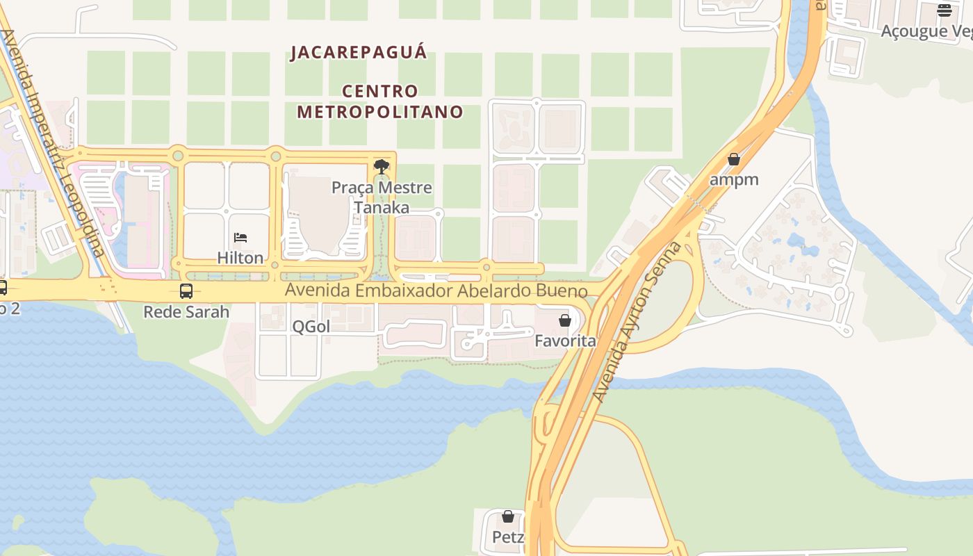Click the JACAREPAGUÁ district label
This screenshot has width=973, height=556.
[359, 53]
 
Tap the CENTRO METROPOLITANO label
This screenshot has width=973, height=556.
[380, 101]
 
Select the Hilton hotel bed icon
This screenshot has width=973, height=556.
[240, 238]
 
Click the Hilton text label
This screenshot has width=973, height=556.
[240, 258]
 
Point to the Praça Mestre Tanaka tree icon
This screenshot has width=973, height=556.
[381, 167]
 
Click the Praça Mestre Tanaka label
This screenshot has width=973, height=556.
[382, 197]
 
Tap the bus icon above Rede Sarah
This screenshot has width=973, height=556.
[186, 291]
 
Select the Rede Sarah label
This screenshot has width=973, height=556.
[186, 312]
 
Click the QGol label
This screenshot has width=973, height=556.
[311, 327]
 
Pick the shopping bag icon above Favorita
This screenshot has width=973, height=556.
[565, 320]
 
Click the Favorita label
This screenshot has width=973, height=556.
[565, 341]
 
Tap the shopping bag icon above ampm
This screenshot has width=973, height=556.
[734, 159]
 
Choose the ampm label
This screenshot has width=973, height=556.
[734, 179]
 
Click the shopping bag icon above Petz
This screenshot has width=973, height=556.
[508, 516]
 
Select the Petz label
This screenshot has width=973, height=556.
[508, 537]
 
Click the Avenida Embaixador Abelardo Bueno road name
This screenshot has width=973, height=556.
[436, 291]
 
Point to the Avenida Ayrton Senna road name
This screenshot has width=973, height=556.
[638, 322]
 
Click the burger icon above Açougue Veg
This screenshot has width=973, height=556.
[944, 10]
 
